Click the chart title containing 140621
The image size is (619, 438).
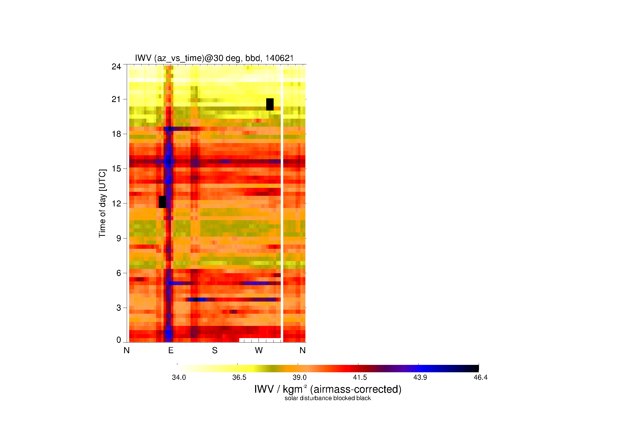(214, 58)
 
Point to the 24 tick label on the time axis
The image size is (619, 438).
(116, 67)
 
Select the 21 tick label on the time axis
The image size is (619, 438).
(116, 99)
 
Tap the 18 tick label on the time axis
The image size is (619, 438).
(116, 134)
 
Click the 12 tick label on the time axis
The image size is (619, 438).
(116, 203)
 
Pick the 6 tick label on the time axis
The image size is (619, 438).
(119, 273)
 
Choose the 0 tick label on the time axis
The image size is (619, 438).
(119, 340)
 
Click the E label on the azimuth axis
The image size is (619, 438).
(171, 350)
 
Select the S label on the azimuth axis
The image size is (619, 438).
(215, 350)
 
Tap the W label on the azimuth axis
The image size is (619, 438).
(259, 350)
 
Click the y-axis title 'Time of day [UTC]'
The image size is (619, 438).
(102, 203)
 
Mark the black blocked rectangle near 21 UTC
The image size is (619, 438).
(270, 104)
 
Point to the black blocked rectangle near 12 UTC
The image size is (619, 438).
(162, 202)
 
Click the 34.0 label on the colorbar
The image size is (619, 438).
(179, 377)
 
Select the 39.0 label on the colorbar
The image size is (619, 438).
(300, 377)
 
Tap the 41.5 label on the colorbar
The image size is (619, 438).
(360, 377)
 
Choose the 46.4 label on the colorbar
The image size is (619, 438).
(480, 377)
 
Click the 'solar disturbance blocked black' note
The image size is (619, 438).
(328, 398)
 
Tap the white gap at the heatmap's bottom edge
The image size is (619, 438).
(260, 340)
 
